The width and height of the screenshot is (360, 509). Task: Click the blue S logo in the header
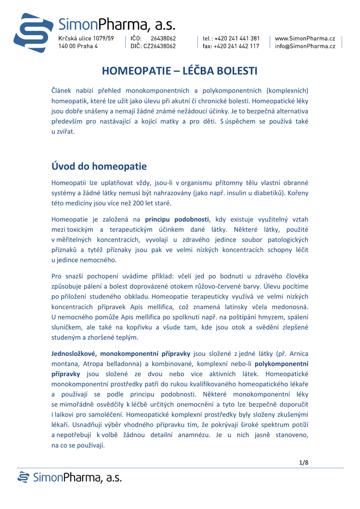(33, 33)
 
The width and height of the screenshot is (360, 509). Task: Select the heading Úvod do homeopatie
(99, 166)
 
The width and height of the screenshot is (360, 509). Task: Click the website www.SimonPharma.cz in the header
(305, 38)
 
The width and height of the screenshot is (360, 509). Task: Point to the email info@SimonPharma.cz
(305, 46)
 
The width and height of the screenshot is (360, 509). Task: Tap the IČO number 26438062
(163, 38)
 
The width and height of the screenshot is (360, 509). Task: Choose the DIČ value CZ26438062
(160, 46)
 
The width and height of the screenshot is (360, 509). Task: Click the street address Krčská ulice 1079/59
(86, 38)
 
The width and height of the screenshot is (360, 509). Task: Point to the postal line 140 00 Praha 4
(78, 46)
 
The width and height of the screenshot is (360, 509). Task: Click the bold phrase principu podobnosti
(177, 219)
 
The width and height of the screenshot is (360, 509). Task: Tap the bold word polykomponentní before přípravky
(281, 363)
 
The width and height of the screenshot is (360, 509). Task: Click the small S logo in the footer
(23, 478)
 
